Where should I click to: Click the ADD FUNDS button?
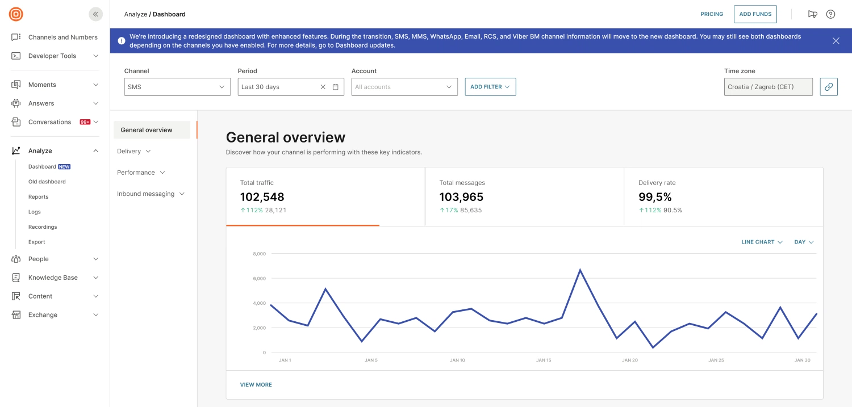[755, 14]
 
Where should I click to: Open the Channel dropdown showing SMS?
[177, 87]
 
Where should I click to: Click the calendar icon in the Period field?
[335, 87]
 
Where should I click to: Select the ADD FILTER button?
[490, 87]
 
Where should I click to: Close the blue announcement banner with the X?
[836, 41]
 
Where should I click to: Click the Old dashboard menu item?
[47, 182]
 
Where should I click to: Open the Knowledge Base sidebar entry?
[53, 278]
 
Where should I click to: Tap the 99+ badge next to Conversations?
[85, 122]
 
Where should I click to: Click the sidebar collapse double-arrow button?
[95, 14]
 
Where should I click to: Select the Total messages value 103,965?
[461, 197]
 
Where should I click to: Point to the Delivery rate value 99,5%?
[655, 197]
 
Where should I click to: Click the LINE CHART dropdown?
[762, 242]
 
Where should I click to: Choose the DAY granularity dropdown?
[804, 242]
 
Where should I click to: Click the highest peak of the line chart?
[580, 270]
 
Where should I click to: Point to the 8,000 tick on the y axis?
[259, 254]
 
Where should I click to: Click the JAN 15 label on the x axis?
[544, 360]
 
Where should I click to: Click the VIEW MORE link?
[256, 385]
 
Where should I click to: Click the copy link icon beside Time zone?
[829, 87]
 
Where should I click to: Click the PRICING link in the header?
[712, 14]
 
